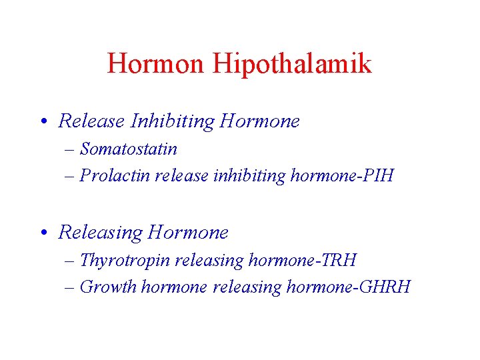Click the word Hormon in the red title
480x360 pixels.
coord(157,64)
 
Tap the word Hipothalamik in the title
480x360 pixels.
coord(292,65)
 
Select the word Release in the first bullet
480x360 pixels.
coord(92,121)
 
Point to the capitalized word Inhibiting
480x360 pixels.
coord(173,121)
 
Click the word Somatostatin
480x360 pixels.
coord(129,149)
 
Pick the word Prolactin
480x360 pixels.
coord(115,175)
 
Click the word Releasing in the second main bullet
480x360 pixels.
coord(101,232)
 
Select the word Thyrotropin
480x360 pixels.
coord(125,260)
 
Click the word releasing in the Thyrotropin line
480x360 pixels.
coord(209,260)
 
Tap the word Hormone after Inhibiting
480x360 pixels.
coord(259,121)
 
